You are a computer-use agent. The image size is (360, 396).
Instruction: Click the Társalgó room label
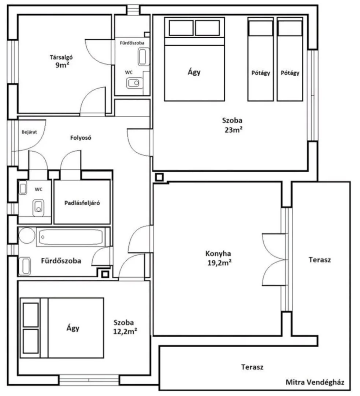(61, 57)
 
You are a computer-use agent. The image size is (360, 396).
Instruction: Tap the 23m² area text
(234, 130)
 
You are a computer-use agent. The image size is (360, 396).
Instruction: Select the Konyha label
(218, 253)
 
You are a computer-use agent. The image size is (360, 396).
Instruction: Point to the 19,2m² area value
(219, 263)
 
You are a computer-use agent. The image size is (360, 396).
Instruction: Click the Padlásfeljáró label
(82, 203)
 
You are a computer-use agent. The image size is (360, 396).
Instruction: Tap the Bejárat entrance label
(29, 132)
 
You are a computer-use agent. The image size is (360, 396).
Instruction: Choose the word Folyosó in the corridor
(81, 137)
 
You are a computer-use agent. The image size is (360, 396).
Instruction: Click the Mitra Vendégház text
(315, 382)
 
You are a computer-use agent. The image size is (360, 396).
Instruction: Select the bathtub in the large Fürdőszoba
(71, 237)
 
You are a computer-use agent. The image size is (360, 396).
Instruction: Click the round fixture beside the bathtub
(27, 235)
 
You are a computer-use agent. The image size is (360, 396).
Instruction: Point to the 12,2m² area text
(125, 331)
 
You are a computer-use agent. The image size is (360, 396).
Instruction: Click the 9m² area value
(62, 65)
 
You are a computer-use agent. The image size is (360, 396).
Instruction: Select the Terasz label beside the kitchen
(320, 260)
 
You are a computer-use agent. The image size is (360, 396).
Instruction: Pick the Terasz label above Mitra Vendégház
(252, 367)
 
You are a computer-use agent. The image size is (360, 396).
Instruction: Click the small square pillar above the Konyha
(159, 177)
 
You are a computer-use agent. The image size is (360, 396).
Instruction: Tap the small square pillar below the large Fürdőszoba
(105, 274)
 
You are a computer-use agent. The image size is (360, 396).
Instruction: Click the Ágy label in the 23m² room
(194, 72)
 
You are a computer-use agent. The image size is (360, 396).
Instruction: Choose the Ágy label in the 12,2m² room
(73, 328)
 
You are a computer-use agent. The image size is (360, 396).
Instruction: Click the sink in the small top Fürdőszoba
(143, 57)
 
